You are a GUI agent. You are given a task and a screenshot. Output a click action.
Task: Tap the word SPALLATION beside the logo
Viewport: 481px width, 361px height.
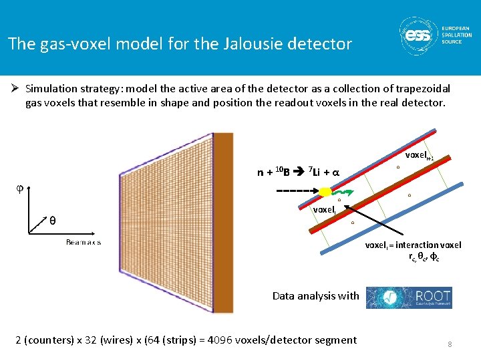(456, 35)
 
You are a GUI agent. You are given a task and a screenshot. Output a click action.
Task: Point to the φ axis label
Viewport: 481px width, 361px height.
(19, 188)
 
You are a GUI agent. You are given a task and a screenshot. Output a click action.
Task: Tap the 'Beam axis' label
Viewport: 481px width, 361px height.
(84, 242)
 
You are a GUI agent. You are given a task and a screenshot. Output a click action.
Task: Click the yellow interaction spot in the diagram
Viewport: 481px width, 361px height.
(325, 191)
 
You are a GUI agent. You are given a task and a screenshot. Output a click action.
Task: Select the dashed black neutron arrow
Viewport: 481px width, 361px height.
(296, 191)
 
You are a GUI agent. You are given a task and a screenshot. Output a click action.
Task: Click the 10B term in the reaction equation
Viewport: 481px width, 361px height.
(282, 172)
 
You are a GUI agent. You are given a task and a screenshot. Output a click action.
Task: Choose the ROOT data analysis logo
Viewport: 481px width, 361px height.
(409, 297)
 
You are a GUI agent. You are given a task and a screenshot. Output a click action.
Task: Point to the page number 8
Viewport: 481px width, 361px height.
(450, 344)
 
